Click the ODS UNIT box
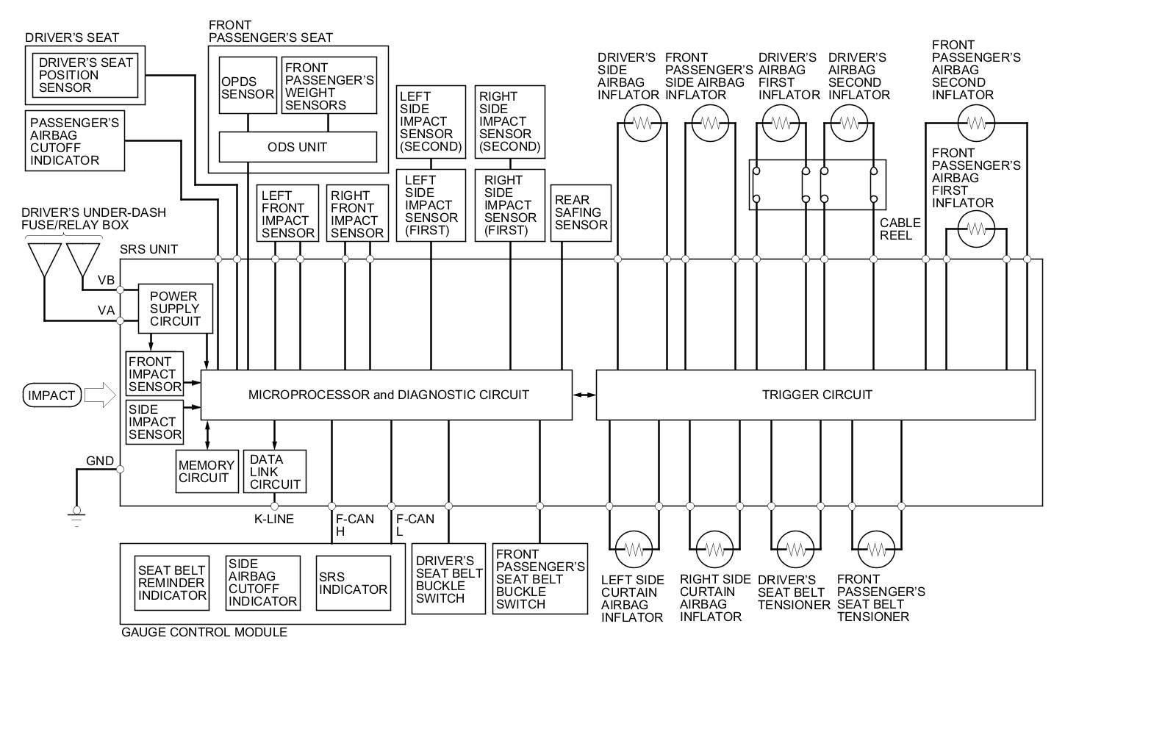tap(298, 147)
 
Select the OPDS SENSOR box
tap(248, 85)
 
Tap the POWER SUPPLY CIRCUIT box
tap(175, 309)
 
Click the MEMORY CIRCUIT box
tap(207, 471)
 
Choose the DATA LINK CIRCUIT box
tap(274, 471)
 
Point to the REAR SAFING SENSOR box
tap(581, 212)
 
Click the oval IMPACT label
tap(51, 395)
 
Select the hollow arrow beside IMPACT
tap(100, 395)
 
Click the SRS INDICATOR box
tap(353, 583)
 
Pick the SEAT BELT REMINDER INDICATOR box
tap(172, 583)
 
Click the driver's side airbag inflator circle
tap(642, 123)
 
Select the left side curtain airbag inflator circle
tap(634, 548)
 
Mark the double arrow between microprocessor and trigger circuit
tap(584, 395)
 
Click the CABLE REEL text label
tap(900, 229)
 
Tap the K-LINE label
tap(274, 519)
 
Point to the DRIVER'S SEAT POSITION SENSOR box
tap(85, 75)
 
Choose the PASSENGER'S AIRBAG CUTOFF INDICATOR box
tap(75, 140)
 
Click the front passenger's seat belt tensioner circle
tap(875, 549)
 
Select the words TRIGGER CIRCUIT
tap(817, 395)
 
